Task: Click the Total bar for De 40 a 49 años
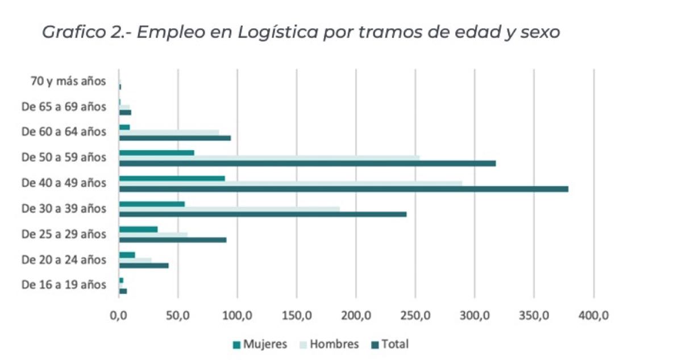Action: (343, 189)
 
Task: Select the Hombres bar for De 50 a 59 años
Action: (269, 158)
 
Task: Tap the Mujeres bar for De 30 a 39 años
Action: (152, 204)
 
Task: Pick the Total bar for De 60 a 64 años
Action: (175, 138)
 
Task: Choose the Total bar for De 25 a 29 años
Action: (173, 239)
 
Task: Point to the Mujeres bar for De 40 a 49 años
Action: (172, 178)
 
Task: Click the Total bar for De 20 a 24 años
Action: (144, 265)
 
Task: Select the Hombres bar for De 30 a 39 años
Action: (229, 209)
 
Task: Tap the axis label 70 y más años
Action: (68, 81)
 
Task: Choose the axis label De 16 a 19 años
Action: (64, 284)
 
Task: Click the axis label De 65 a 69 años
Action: (64, 106)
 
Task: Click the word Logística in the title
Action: (284, 32)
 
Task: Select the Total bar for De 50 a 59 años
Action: (307, 163)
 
